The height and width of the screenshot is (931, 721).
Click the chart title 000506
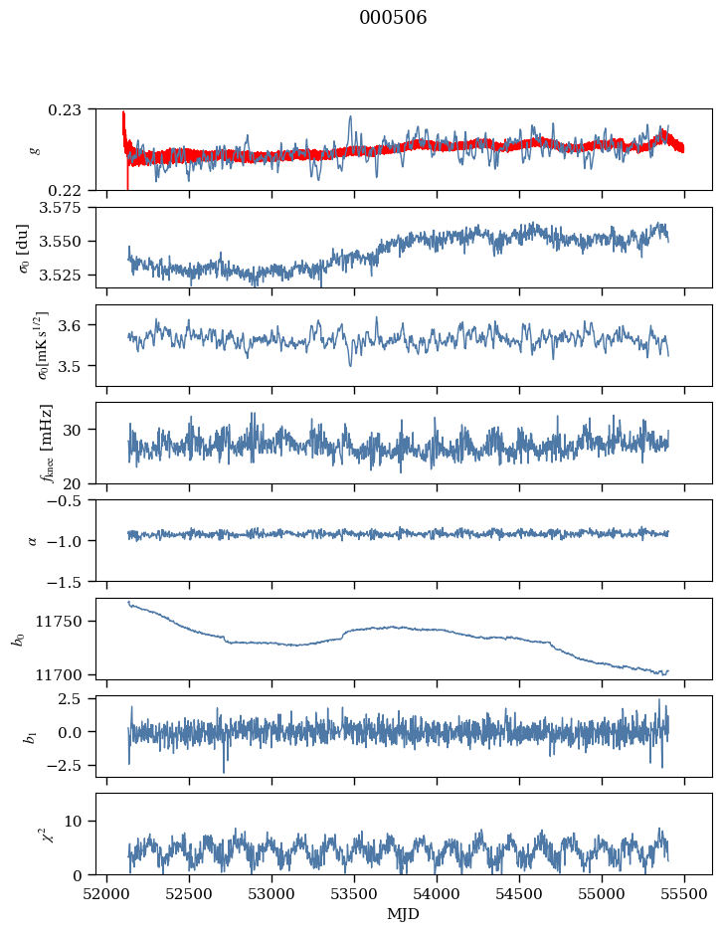pyautogui.click(x=393, y=18)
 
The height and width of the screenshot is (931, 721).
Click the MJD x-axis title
pyautogui.click(x=404, y=913)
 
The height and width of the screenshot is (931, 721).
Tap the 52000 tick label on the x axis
pyautogui.click(x=107, y=893)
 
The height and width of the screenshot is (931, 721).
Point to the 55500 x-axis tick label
pyautogui.click(x=683, y=893)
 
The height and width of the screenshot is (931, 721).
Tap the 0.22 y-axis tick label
pyautogui.click(x=71, y=190)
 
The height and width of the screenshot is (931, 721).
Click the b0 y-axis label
pyautogui.click(x=17, y=639)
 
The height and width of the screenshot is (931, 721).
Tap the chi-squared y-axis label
pyautogui.click(x=42, y=834)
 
